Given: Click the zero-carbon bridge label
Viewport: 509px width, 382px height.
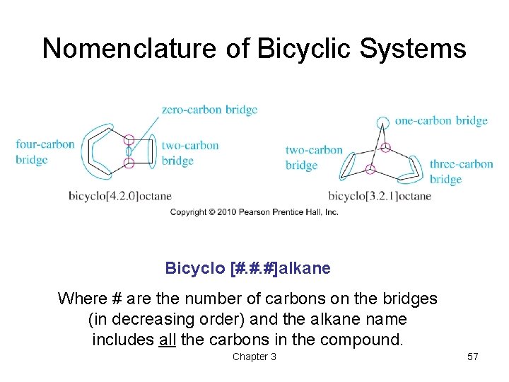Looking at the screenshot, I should coord(209,110).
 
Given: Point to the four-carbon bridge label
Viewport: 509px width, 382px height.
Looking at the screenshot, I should coord(45,152).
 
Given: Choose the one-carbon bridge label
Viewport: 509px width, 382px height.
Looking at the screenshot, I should coord(441,120).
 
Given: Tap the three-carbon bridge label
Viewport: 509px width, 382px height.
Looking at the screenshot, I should coord(461,171).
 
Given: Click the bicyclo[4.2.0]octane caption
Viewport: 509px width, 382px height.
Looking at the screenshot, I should coord(120,195).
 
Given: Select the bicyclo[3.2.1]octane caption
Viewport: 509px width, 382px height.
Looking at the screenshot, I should coord(380,195).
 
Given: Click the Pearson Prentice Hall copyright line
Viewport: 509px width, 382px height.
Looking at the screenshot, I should coord(254,212).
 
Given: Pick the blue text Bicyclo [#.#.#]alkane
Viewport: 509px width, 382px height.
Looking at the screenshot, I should coord(247,268).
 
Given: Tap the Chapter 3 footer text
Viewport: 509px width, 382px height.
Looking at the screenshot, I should coord(255,357).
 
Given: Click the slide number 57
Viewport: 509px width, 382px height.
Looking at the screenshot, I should coord(473,357).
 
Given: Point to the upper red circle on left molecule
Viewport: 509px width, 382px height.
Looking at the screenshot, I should coord(129,140).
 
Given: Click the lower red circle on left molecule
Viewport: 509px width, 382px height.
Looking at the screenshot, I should coord(129,163).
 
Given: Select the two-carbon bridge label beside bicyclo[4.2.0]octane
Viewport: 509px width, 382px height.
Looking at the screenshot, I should coord(189,153).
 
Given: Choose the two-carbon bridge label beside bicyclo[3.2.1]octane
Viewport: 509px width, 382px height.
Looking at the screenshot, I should coord(313,157).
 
